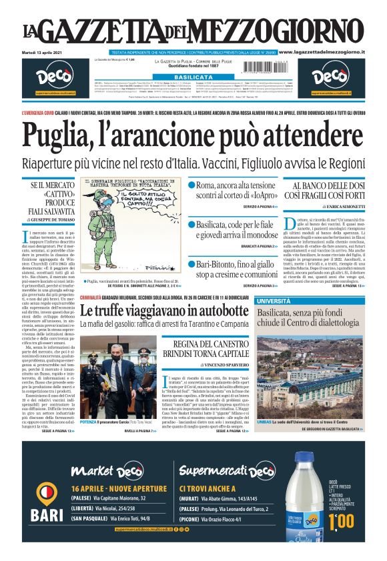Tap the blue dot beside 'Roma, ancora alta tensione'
(x=191, y=185)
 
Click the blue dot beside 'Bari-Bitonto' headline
(x=191, y=245)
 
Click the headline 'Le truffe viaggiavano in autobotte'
(x=164, y=312)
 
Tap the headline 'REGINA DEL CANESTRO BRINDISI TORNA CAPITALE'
(x=212, y=348)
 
